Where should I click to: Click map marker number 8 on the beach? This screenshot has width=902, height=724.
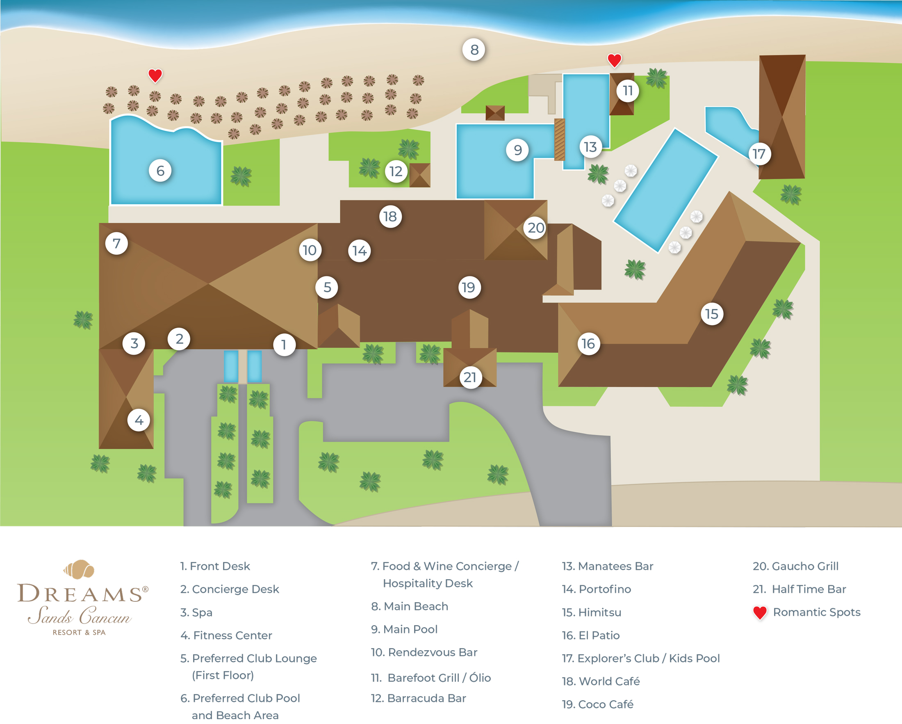coord(474,50)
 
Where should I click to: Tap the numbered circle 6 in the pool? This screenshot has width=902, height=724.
coord(160,171)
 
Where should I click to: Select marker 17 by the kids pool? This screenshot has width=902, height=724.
coord(759,154)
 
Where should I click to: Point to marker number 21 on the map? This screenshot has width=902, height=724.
coord(470,377)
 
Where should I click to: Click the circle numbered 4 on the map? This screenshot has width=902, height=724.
coord(139,420)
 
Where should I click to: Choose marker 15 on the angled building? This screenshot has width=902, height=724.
coord(712,314)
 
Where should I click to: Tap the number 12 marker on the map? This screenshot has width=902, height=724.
coord(396,171)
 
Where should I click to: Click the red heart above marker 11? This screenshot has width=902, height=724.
coord(614,60)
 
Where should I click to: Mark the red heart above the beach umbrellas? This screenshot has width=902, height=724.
coord(155,75)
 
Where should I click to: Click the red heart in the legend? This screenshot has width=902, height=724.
coord(760,613)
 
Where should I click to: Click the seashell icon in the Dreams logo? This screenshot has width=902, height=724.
coord(80,569)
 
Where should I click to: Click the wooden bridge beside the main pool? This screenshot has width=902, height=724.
coord(559,139)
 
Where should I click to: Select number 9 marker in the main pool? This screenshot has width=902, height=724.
coord(518,150)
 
